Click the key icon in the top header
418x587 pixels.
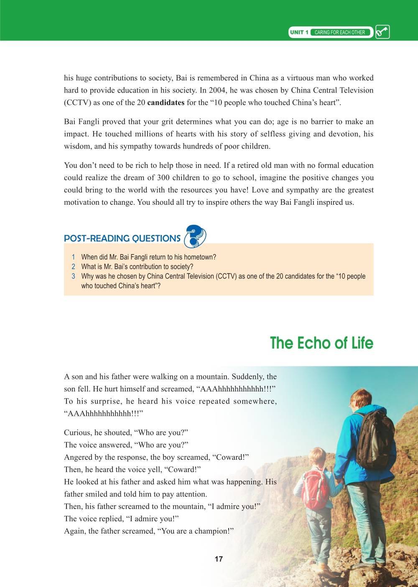click(x=382, y=32)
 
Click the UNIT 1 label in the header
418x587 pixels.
click(x=299, y=32)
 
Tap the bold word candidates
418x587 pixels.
click(x=166, y=103)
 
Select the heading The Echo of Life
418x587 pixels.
click(x=321, y=343)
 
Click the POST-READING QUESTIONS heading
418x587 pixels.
click(x=122, y=239)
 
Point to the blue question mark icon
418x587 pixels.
click(x=195, y=235)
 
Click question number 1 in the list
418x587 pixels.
click(x=74, y=257)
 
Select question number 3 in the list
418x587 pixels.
click(x=74, y=276)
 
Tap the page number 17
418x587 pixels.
click(x=218, y=559)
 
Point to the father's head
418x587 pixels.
click(x=359, y=399)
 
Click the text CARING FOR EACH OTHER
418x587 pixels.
click(x=339, y=32)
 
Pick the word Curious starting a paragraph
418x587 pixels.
click(x=76, y=433)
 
